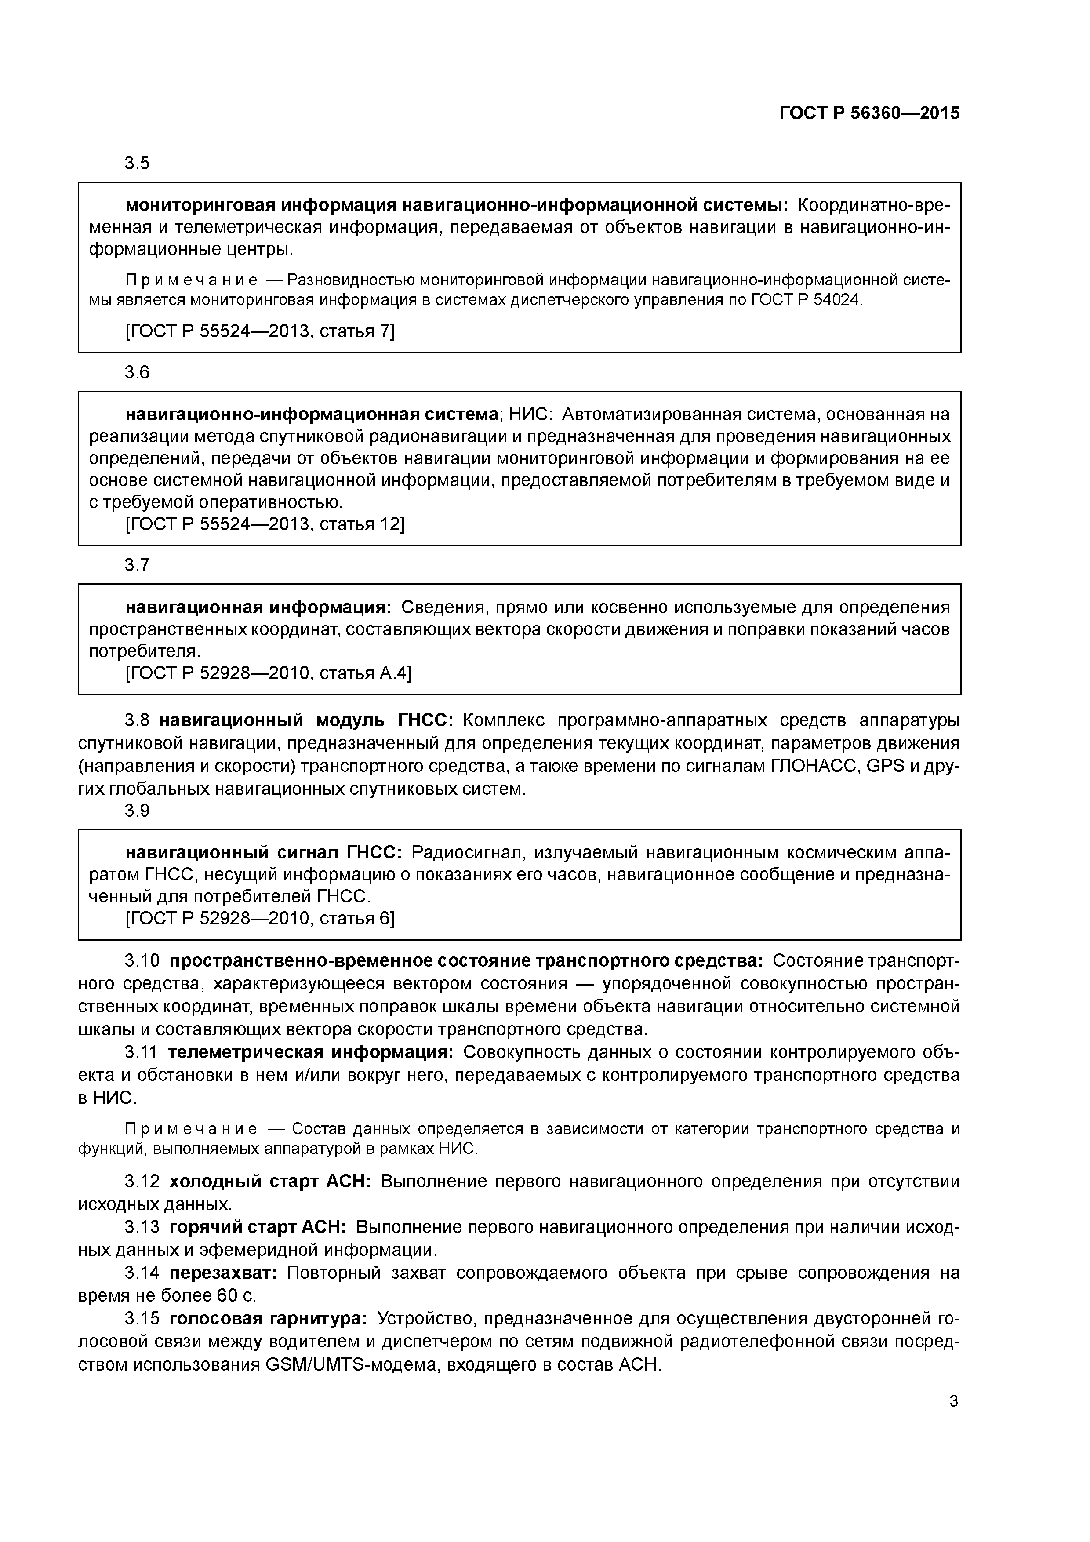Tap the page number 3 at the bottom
point(954,1402)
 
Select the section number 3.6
point(137,373)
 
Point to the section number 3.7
point(137,565)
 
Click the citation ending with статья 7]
point(260,331)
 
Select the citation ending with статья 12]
point(265,524)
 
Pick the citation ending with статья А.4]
point(269,673)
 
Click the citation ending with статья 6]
point(260,918)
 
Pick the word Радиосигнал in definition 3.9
point(468,853)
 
